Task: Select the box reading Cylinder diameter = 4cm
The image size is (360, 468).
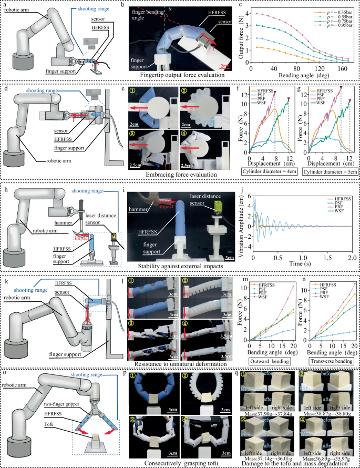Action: (267, 171)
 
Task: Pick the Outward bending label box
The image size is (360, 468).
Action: (268, 362)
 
